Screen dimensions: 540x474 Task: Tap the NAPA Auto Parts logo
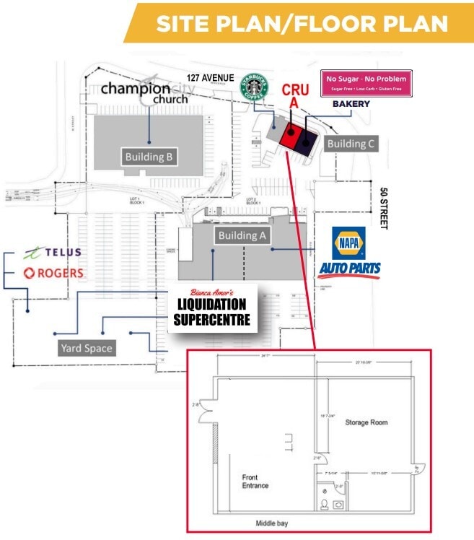click(350, 253)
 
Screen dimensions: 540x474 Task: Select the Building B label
click(149, 157)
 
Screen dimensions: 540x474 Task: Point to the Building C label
click(351, 144)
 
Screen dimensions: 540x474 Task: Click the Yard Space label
click(87, 348)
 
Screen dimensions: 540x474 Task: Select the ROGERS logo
click(53, 274)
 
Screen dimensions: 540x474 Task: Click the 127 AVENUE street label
click(210, 77)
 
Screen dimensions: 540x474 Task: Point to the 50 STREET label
click(384, 209)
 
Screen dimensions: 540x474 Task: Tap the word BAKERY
click(351, 104)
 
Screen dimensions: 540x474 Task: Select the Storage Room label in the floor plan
click(367, 422)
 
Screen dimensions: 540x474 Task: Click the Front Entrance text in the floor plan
click(255, 482)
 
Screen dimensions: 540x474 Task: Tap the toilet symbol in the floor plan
click(325, 503)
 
